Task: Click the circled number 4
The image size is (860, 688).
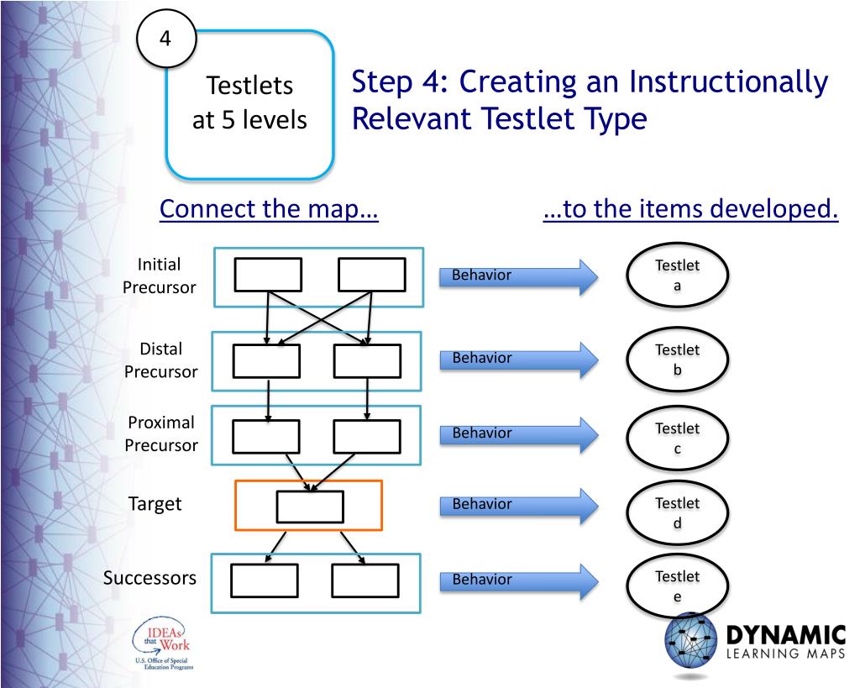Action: (165, 39)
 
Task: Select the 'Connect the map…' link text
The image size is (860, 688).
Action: (269, 209)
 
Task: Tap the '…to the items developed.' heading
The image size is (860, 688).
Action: (690, 209)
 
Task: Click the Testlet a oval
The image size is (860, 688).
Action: (677, 276)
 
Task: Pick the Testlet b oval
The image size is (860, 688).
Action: (677, 360)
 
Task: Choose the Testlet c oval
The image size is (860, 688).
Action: (677, 439)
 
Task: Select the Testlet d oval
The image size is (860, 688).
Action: (677, 512)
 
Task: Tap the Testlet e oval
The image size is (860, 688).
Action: (677, 586)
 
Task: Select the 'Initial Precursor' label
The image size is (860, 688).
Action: (159, 276)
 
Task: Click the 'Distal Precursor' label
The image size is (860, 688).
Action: (160, 360)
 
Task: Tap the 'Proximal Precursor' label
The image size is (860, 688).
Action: (160, 433)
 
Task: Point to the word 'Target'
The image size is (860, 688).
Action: (155, 504)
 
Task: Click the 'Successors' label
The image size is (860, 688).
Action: (149, 578)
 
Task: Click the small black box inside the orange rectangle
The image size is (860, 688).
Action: (309, 507)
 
